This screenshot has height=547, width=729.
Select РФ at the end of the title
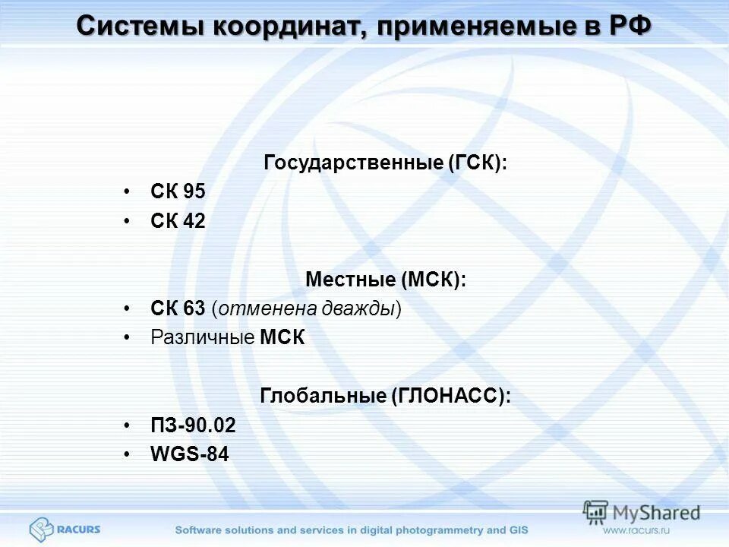[x=630, y=26]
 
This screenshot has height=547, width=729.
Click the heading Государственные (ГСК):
[x=385, y=163]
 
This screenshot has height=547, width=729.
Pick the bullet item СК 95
[x=178, y=192]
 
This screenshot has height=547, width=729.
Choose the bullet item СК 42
[x=178, y=221]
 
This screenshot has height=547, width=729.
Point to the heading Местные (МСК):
[x=385, y=280]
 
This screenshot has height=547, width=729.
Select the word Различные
[x=202, y=337]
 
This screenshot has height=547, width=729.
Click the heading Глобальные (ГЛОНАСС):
[x=385, y=396]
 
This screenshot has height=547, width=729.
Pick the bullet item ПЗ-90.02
[x=193, y=425]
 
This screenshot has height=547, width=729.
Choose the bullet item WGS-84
[x=189, y=454]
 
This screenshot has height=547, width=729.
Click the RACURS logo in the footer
[x=65, y=529]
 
